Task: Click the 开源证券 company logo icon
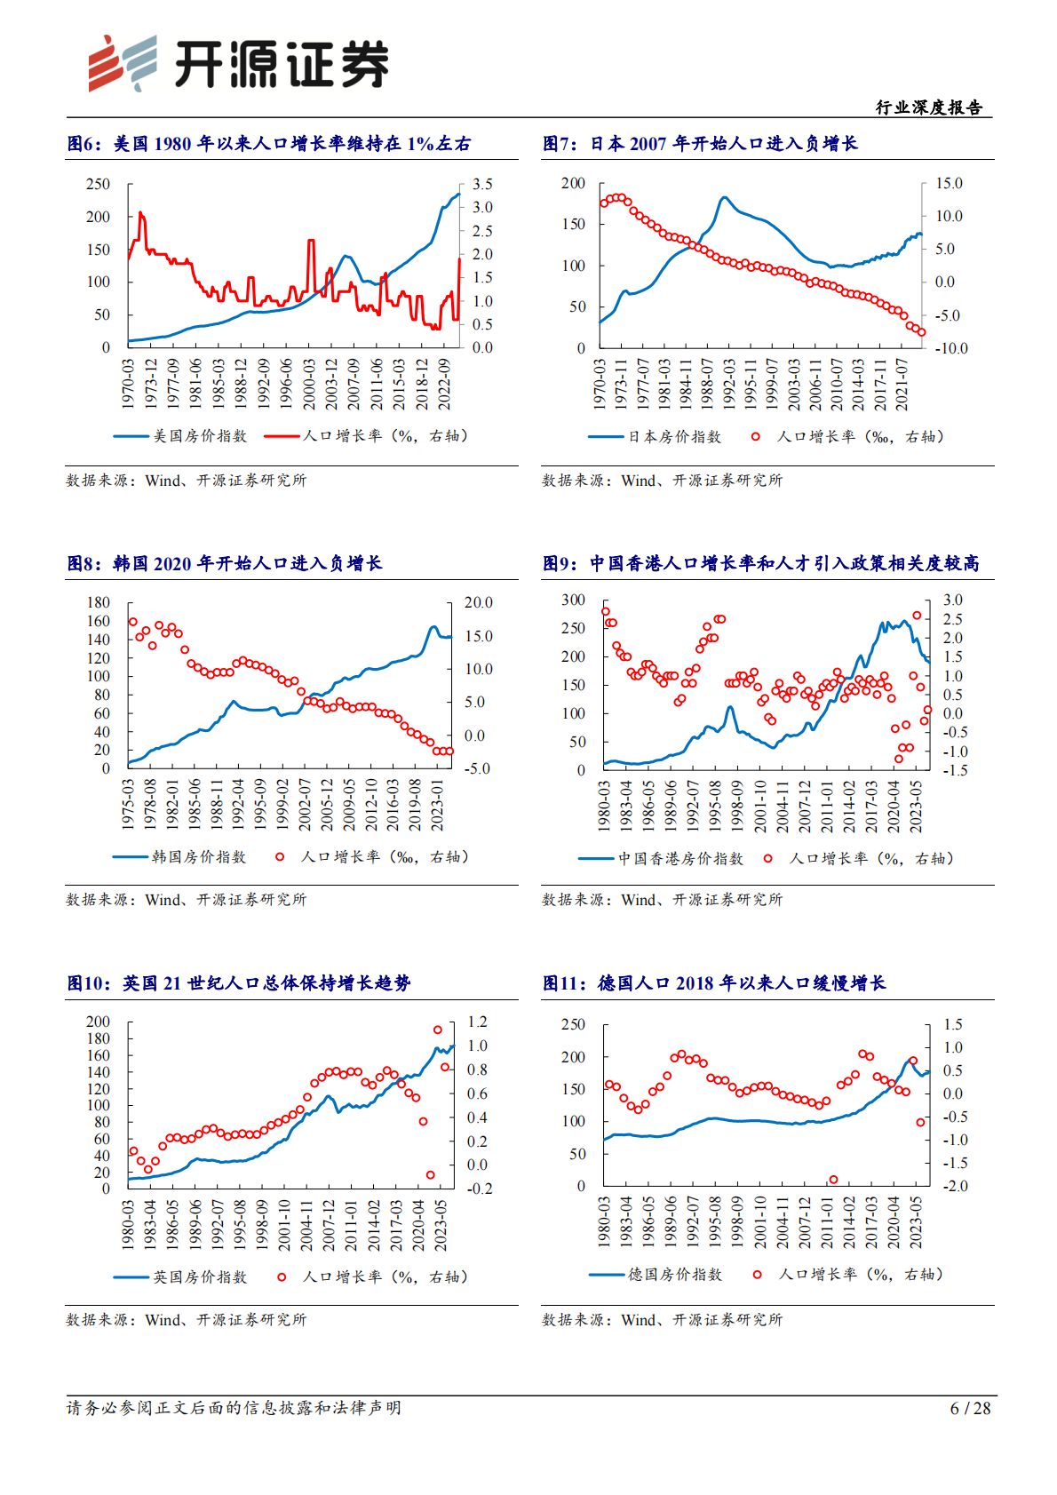pyautogui.click(x=123, y=63)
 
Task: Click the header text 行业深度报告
pyautogui.click(x=929, y=107)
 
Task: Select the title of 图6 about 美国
pyautogui.click(x=269, y=144)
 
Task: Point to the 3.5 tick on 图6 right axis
pyautogui.click(x=482, y=184)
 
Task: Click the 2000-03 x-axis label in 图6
pyautogui.click(x=308, y=384)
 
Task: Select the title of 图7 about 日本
pyautogui.click(x=700, y=144)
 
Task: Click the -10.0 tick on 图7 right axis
pyautogui.click(x=950, y=348)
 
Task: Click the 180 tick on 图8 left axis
pyautogui.click(x=99, y=602)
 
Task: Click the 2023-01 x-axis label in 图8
pyautogui.click(x=437, y=805)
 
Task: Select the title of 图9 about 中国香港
pyautogui.click(x=761, y=563)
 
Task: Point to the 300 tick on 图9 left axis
pyautogui.click(x=574, y=600)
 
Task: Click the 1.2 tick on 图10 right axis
pyautogui.click(x=478, y=1022)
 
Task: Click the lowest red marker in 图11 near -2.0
pyautogui.click(x=833, y=1180)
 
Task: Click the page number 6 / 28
pyautogui.click(x=970, y=1408)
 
